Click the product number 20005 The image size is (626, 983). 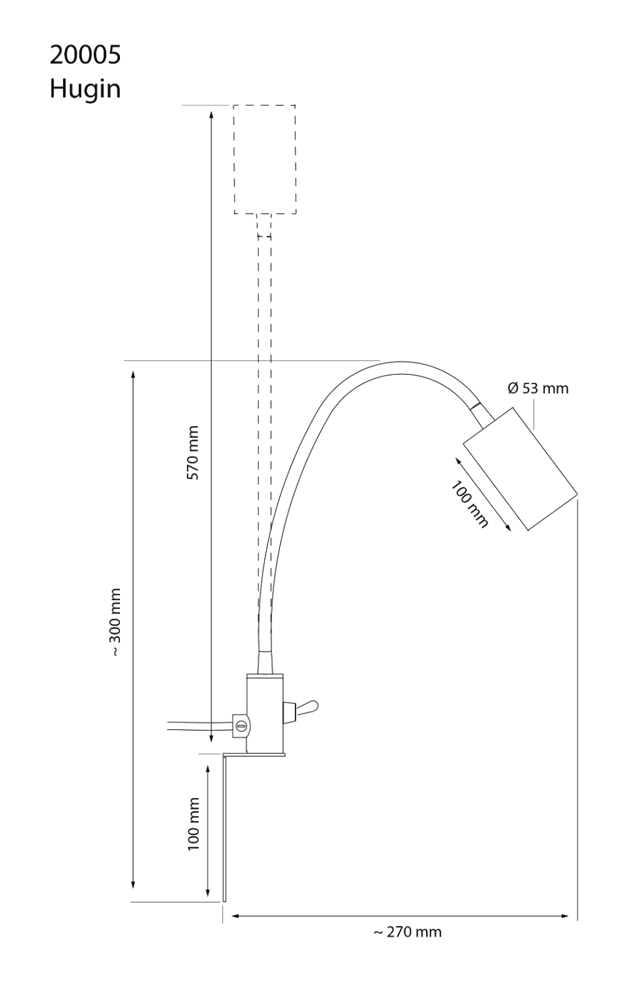85,56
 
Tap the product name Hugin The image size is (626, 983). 85,88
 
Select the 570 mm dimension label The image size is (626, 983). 193,453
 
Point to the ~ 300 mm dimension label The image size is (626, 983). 116,622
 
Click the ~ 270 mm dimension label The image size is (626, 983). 407,932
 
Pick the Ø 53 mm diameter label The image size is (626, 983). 538,388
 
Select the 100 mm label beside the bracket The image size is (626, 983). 193,824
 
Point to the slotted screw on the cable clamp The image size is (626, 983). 241,725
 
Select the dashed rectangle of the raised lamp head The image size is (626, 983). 265,159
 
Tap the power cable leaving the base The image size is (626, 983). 197,725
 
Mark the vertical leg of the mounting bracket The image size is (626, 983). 225,829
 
